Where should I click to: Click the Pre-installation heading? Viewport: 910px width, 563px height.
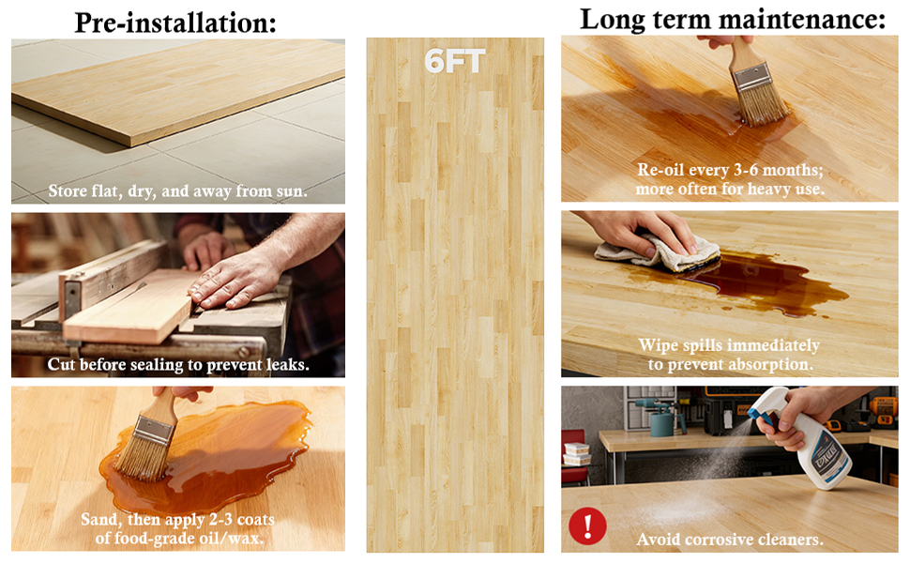175,23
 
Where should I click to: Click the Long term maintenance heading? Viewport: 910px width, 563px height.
733,19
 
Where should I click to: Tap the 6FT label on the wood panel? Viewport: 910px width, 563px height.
454,61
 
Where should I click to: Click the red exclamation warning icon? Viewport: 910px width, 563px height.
587,525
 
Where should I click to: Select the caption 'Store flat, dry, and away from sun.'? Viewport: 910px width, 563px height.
177,191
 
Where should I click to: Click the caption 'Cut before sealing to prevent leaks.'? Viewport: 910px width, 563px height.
177,364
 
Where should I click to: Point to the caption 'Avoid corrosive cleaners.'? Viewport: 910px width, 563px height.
730,540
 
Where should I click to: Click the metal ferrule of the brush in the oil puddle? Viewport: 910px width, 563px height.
153,432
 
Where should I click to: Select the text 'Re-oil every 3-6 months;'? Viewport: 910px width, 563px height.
730,170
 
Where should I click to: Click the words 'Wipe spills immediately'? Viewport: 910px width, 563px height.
729,345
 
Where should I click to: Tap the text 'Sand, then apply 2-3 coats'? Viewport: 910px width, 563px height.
177,519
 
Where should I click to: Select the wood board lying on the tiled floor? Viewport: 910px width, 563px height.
178,92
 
